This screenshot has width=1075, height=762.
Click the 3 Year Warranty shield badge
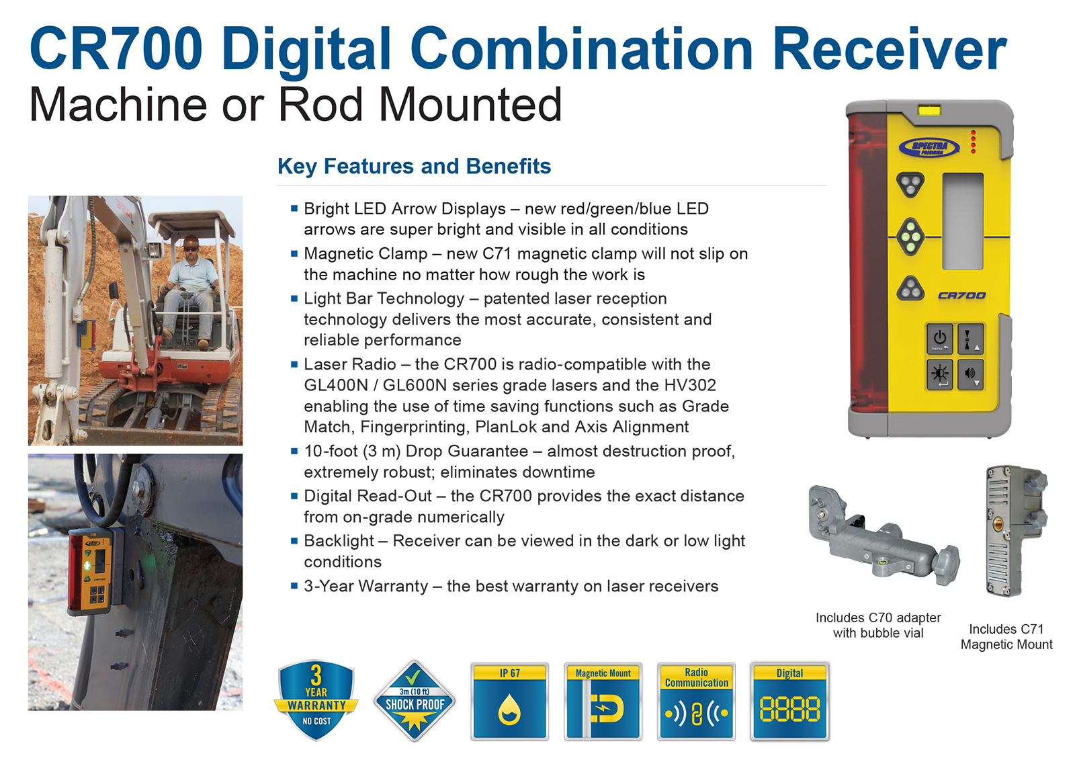pyautogui.click(x=316, y=699)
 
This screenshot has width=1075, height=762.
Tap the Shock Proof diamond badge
pyautogui.click(x=415, y=700)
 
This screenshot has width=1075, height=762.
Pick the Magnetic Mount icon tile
pyautogui.click(x=603, y=702)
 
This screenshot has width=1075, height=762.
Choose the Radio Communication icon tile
pyautogui.click(x=696, y=702)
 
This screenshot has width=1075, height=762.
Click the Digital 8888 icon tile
pyautogui.click(x=790, y=702)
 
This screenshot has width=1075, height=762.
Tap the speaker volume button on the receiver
pyautogui.click(x=970, y=374)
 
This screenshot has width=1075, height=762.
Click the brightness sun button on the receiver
pyautogui.click(x=940, y=374)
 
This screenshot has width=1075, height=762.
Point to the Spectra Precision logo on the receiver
pyautogui.click(x=929, y=147)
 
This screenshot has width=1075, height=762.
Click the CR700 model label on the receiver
pyautogui.click(x=961, y=295)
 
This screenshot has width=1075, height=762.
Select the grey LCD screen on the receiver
pyautogui.click(x=963, y=221)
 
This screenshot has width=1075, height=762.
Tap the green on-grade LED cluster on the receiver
pyautogui.click(x=910, y=237)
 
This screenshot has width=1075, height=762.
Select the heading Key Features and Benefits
pyautogui.click(x=414, y=166)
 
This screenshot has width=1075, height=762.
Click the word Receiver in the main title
pyautogui.click(x=890, y=49)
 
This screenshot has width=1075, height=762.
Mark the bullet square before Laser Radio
pyautogui.click(x=294, y=364)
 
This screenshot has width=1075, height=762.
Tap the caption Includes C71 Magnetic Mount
pyautogui.click(x=1006, y=636)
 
